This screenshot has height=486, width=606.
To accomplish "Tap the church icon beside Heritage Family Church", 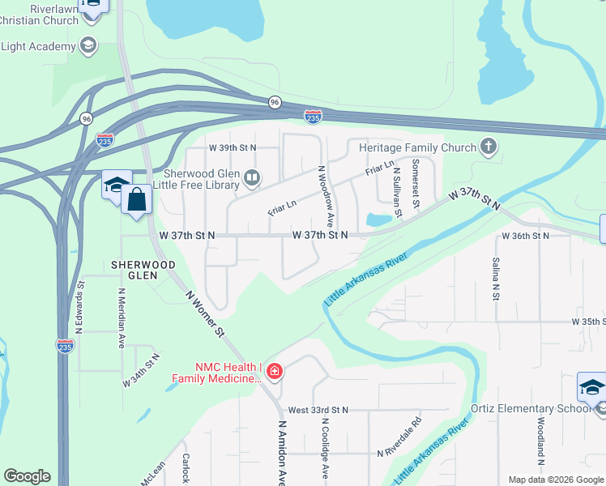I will click(487, 147).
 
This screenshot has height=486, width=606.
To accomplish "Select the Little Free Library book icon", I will click(252, 177).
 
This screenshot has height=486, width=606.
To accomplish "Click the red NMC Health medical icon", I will click(275, 372).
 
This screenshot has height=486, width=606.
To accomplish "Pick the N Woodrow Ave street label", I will click(326, 197).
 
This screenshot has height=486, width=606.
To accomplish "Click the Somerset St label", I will click(416, 181).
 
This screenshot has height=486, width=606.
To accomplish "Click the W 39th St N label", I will click(232, 147).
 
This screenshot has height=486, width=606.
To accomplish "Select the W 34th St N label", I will click(142, 369).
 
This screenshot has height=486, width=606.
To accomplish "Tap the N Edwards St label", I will click(79, 309).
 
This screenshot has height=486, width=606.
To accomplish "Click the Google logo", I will click(27, 476).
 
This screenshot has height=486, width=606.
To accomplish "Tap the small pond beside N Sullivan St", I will click(378, 220).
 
